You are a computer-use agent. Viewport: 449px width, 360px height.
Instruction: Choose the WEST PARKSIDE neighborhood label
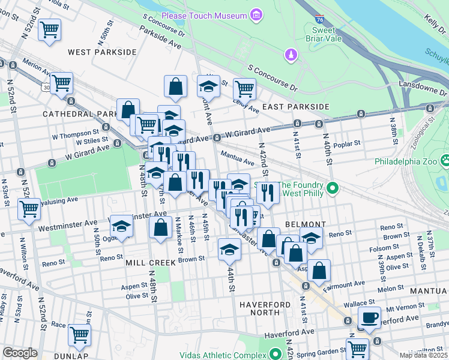(x=103, y=52)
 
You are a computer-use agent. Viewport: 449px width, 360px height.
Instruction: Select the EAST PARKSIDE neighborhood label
(x=296, y=107)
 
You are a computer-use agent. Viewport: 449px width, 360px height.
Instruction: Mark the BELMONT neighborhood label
(x=306, y=224)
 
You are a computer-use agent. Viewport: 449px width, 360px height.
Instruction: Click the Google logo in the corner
(x=20, y=353)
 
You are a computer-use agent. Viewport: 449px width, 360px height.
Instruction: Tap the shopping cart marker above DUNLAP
(x=79, y=335)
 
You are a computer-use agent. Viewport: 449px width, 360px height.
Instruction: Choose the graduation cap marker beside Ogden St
(x=121, y=226)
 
